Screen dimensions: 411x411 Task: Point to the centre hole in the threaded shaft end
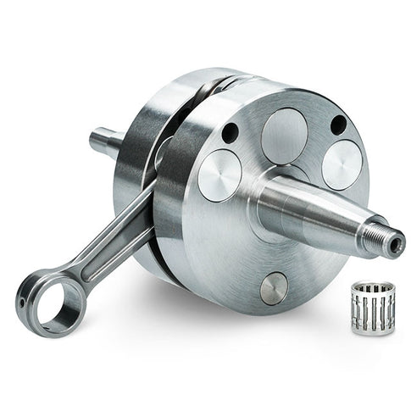395,247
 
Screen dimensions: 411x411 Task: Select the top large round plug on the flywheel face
284,135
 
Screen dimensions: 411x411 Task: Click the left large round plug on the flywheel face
219,175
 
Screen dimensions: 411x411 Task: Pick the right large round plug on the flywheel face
343,164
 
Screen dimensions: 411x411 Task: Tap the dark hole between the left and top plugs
230,133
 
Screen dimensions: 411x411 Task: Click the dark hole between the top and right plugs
337,124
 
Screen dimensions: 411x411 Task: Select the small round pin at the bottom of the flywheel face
273,289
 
